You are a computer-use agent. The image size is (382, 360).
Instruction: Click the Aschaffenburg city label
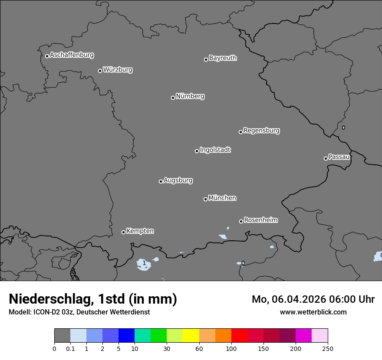pyautogui.click(x=72, y=55)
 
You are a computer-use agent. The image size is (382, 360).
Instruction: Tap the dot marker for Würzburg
pyautogui.click(x=100, y=71)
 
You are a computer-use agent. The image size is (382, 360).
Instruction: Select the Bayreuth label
pyautogui.click(x=223, y=58)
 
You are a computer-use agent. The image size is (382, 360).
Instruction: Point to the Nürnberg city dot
pyautogui.click(x=173, y=98)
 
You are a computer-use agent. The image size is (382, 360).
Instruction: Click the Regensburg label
pyautogui.click(x=261, y=131)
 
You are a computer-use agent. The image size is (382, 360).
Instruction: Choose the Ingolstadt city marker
pyautogui.click(x=197, y=151)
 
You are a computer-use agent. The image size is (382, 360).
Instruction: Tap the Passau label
pyautogui.click(x=339, y=157)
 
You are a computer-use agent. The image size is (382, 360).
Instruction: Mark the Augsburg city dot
pyautogui.click(x=161, y=181)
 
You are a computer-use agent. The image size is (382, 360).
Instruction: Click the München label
pyautogui.click(x=222, y=198)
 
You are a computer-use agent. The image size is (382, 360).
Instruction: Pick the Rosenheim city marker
pyautogui.click(x=241, y=222)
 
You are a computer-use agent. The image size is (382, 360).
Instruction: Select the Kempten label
pyautogui.click(x=140, y=231)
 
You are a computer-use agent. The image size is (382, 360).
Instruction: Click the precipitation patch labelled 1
pyautogui.click(x=144, y=263)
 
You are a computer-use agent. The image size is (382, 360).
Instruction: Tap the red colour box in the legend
pyautogui.click(x=239, y=336)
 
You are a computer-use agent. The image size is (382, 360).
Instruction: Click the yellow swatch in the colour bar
pyautogui.click(x=191, y=336)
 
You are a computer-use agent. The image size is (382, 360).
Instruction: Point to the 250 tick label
pyautogui.click(x=328, y=349)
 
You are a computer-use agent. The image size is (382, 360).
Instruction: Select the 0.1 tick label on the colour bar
pyautogui.click(x=70, y=349)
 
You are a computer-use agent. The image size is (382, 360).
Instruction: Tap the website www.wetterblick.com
pyautogui.click(x=313, y=312)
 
